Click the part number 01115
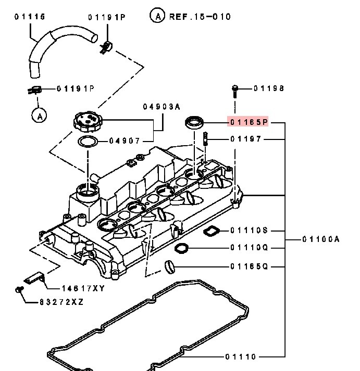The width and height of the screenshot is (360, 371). (x=29, y=17)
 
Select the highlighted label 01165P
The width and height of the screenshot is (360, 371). (x=249, y=122)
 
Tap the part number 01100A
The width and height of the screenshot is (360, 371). (x=320, y=239)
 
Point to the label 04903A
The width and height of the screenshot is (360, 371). (x=162, y=107)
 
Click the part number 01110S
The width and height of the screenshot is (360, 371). (x=249, y=230)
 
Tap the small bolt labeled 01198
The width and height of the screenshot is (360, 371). (x=235, y=92)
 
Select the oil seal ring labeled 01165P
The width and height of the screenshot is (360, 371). (x=194, y=123)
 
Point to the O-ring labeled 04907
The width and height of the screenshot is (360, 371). (x=88, y=141)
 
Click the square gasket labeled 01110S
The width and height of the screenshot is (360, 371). (x=210, y=231)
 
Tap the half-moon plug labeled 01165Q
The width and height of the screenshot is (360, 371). (x=169, y=266)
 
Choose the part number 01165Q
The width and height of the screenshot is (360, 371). (x=249, y=266)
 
